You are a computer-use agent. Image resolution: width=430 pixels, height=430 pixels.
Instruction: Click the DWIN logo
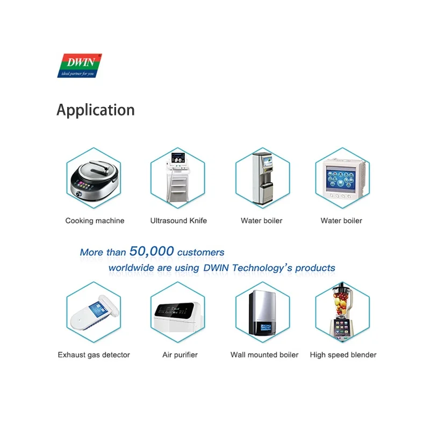[x=79, y=65]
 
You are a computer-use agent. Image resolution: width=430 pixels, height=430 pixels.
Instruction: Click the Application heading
[x=96, y=110]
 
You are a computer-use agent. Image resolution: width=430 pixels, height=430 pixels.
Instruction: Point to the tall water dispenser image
[x=262, y=177]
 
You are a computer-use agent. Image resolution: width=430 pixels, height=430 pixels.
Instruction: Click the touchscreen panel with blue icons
[x=342, y=179]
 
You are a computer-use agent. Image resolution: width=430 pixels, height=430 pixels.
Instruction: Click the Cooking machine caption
[x=95, y=221]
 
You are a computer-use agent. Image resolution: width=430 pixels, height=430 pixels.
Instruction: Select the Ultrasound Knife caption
[x=178, y=221]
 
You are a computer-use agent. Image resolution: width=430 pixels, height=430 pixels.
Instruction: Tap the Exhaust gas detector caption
[x=94, y=355]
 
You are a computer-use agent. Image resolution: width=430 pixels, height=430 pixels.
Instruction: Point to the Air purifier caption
[x=180, y=355]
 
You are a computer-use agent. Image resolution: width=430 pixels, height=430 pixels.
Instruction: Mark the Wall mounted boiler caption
[x=264, y=355]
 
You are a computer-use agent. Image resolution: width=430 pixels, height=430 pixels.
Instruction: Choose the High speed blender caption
[x=343, y=355]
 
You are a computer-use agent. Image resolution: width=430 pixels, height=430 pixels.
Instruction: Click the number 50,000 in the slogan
[x=152, y=251]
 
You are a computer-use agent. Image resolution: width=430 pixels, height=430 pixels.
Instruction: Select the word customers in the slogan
[x=200, y=252]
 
